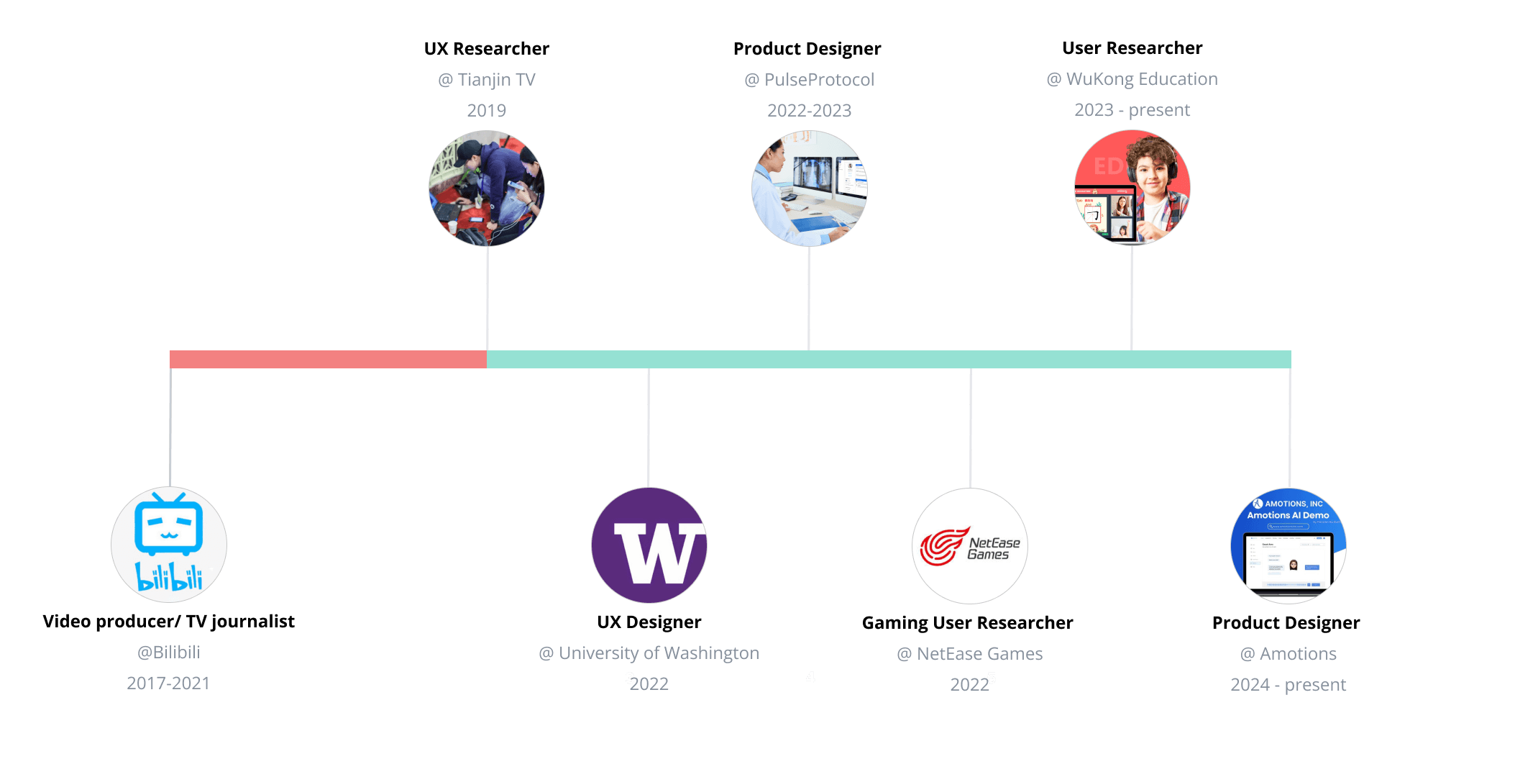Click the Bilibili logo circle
click(169, 545)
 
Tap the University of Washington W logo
click(649, 545)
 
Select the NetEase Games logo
click(970, 546)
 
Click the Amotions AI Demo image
click(1289, 546)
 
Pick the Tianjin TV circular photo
click(487, 188)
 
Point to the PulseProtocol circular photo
click(810, 188)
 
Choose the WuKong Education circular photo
click(1132, 188)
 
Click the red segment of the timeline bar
click(328, 359)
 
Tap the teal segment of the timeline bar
click(889, 359)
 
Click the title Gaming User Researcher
click(968, 623)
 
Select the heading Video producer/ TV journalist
click(169, 622)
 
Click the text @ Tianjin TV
click(487, 80)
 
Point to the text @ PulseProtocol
click(810, 80)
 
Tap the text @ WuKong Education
click(1132, 79)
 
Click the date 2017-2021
click(168, 683)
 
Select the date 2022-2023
click(810, 111)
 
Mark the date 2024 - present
click(1289, 685)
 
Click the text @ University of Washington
click(649, 653)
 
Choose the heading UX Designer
click(649, 622)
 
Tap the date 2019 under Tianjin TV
click(487, 111)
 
